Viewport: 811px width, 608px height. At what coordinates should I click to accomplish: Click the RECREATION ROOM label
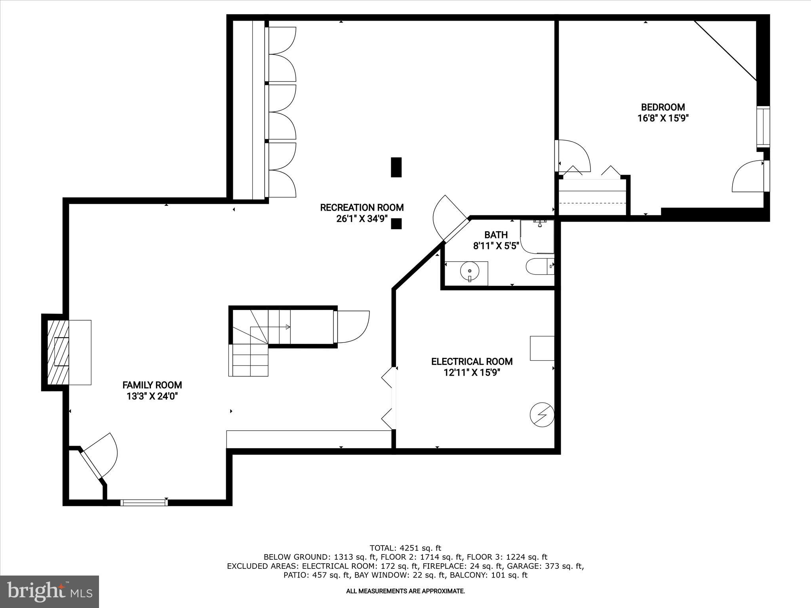tap(362, 207)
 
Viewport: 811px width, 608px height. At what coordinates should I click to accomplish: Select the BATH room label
tap(496, 235)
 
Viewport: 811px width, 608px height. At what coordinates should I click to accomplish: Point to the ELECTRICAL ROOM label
tap(472, 361)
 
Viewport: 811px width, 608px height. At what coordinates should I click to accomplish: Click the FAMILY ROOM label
tap(152, 385)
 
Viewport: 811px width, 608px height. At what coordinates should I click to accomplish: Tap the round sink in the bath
tap(470, 272)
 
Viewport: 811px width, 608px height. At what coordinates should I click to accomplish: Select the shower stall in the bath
tap(537, 236)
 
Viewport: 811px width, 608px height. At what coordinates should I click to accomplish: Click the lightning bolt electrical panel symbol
tap(542, 415)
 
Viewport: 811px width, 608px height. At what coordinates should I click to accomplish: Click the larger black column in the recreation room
tap(396, 167)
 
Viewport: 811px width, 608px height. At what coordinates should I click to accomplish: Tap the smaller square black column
tap(396, 224)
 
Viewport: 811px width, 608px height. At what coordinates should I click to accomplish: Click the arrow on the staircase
tap(287, 327)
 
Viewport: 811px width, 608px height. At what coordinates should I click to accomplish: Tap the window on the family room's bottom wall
tap(144, 503)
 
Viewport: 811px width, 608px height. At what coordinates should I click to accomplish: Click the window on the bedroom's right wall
tap(763, 127)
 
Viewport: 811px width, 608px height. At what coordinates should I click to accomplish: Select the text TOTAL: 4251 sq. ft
tap(405, 548)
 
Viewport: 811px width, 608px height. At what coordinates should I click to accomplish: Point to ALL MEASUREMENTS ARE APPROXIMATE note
tap(405, 591)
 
